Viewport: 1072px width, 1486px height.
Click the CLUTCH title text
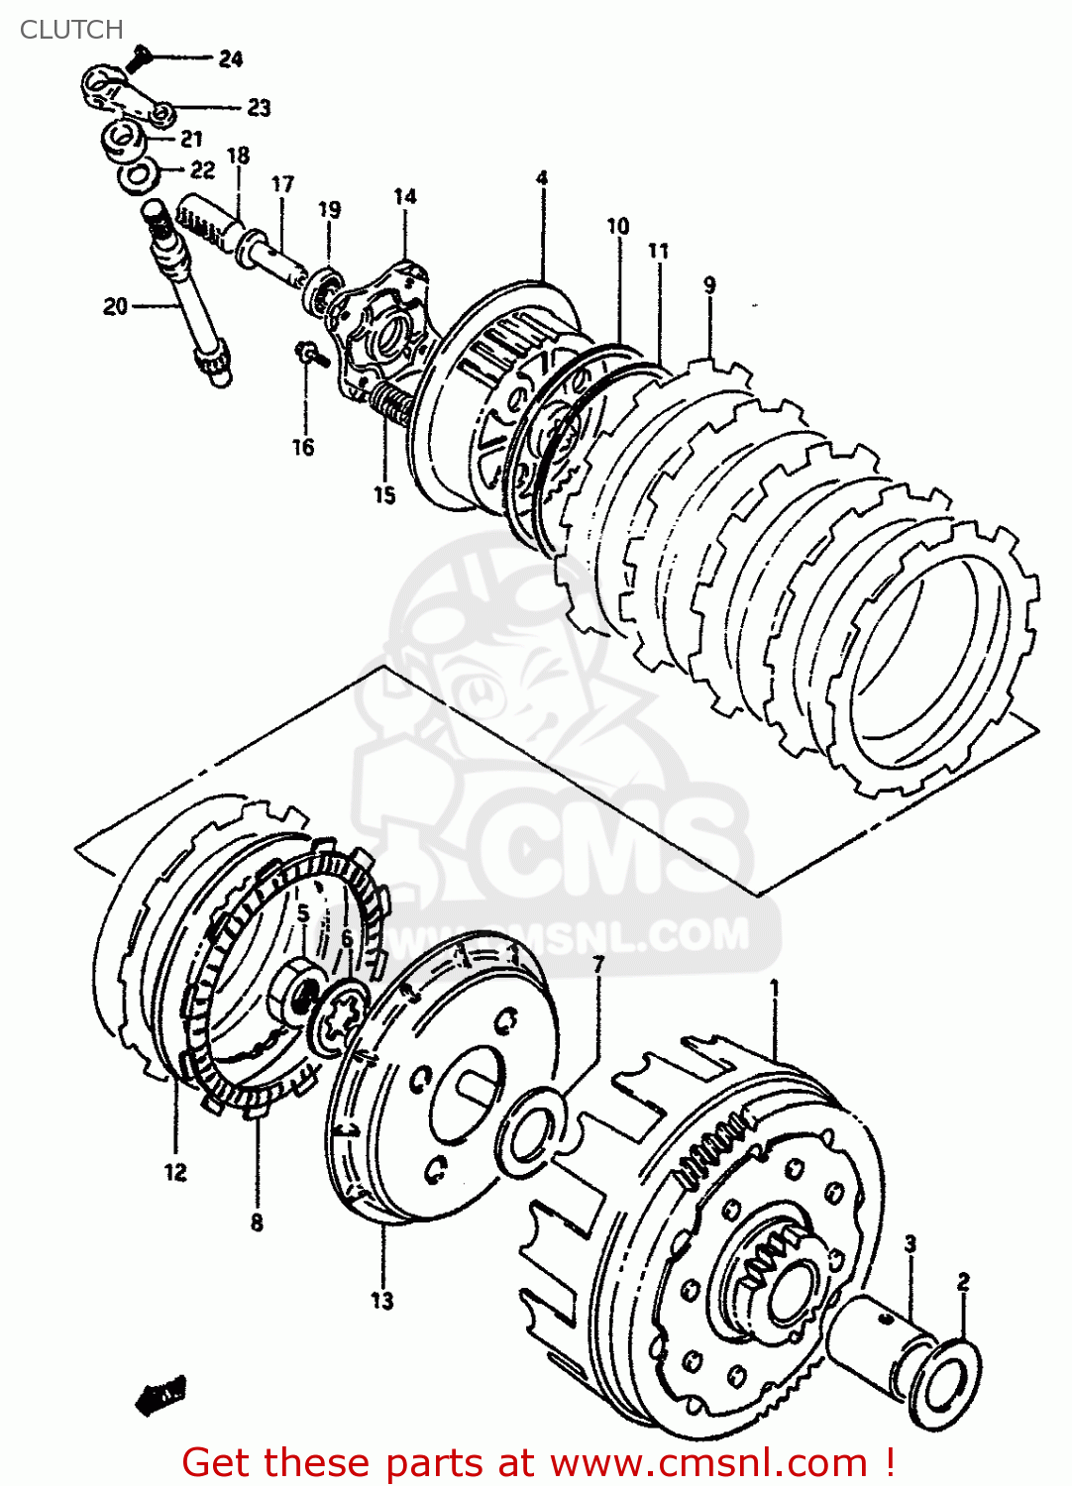[x=71, y=30]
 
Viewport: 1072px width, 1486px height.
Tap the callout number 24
[x=231, y=59]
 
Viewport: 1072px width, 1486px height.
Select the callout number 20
[x=115, y=307]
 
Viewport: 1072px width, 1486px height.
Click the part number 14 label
[x=404, y=196]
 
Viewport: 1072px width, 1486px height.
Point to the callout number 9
[x=709, y=285]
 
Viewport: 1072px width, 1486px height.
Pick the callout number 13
[x=382, y=1301]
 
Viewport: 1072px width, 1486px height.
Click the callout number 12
[x=175, y=1172]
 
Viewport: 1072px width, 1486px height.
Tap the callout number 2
[x=963, y=1282]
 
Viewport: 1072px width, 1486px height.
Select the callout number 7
[x=598, y=964]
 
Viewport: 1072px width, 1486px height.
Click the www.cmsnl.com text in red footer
[x=708, y=1462]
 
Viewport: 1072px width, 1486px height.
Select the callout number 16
[x=303, y=448]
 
